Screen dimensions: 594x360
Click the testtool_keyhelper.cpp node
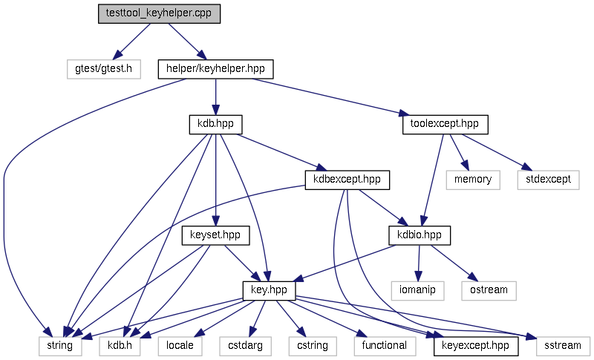tap(159, 14)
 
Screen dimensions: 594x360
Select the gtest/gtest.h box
tap(104, 69)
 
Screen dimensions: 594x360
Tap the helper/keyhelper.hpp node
tap(215, 69)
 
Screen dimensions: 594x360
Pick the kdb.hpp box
tap(215, 125)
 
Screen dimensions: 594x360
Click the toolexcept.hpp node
tap(445, 125)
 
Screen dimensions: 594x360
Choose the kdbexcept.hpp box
tap(347, 180)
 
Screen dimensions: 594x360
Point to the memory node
tap(473, 180)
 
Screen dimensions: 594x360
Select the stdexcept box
tap(548, 180)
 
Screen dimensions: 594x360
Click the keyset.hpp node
tap(215, 235)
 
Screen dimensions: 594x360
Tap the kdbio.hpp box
tap(420, 235)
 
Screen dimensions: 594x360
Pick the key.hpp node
tap(269, 291)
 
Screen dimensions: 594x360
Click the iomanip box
tap(417, 291)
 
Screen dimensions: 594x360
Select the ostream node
tap(489, 291)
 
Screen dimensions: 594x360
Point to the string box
tap(60, 346)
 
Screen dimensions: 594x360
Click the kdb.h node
tap(120, 346)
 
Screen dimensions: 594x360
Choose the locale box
tap(180, 346)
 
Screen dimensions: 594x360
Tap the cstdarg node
tap(246, 346)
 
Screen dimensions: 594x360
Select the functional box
tap(385, 346)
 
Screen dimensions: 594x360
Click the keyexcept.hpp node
tap(475, 346)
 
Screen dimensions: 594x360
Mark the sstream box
tap(563, 346)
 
